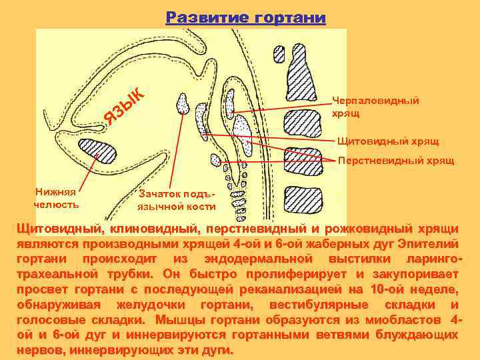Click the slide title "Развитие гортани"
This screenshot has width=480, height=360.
(246, 17)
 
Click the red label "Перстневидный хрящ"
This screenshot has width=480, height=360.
(396, 160)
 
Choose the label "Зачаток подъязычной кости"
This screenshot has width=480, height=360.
(177, 199)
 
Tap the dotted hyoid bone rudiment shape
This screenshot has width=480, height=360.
(182, 103)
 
